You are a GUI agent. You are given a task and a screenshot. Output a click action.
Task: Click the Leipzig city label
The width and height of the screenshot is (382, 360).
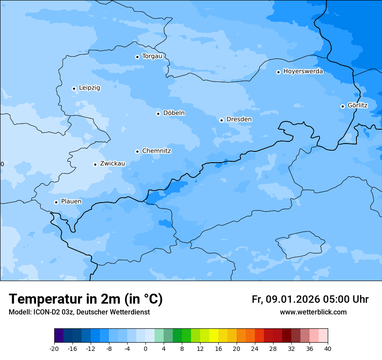coord(89,88)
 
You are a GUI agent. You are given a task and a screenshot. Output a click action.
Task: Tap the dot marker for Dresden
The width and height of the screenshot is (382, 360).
coord(221,120)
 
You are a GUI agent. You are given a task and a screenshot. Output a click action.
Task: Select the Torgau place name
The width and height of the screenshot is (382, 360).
coord(152,56)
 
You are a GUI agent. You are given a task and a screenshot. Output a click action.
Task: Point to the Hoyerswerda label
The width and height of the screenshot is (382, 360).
coord(303,71)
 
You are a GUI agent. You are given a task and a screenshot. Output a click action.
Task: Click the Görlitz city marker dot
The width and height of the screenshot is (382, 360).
coord(342,106)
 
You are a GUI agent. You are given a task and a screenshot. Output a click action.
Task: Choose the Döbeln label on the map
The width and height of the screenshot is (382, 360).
coord(174,113)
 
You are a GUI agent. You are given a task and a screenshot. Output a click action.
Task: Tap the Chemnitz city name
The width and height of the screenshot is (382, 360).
coord(156,151)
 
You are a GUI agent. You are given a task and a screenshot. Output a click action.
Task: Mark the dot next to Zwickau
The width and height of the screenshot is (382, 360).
coord(95,164)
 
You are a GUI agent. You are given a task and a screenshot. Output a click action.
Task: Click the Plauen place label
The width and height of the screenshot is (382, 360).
coord(71,201)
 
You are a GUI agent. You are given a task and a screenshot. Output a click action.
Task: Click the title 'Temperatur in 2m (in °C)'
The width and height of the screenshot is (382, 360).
coord(86,299)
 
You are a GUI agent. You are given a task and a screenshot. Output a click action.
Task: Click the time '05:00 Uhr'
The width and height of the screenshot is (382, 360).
coord(346,299)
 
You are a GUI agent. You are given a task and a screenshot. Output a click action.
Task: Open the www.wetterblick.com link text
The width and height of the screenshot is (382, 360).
coord(313,312)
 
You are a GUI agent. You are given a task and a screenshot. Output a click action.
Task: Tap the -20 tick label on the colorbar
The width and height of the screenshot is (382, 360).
coord(54,349)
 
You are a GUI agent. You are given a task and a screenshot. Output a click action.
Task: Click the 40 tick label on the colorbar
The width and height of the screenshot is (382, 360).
coord(328,349)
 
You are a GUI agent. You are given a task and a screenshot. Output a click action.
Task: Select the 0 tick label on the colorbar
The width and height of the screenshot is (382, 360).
coord(145,349)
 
